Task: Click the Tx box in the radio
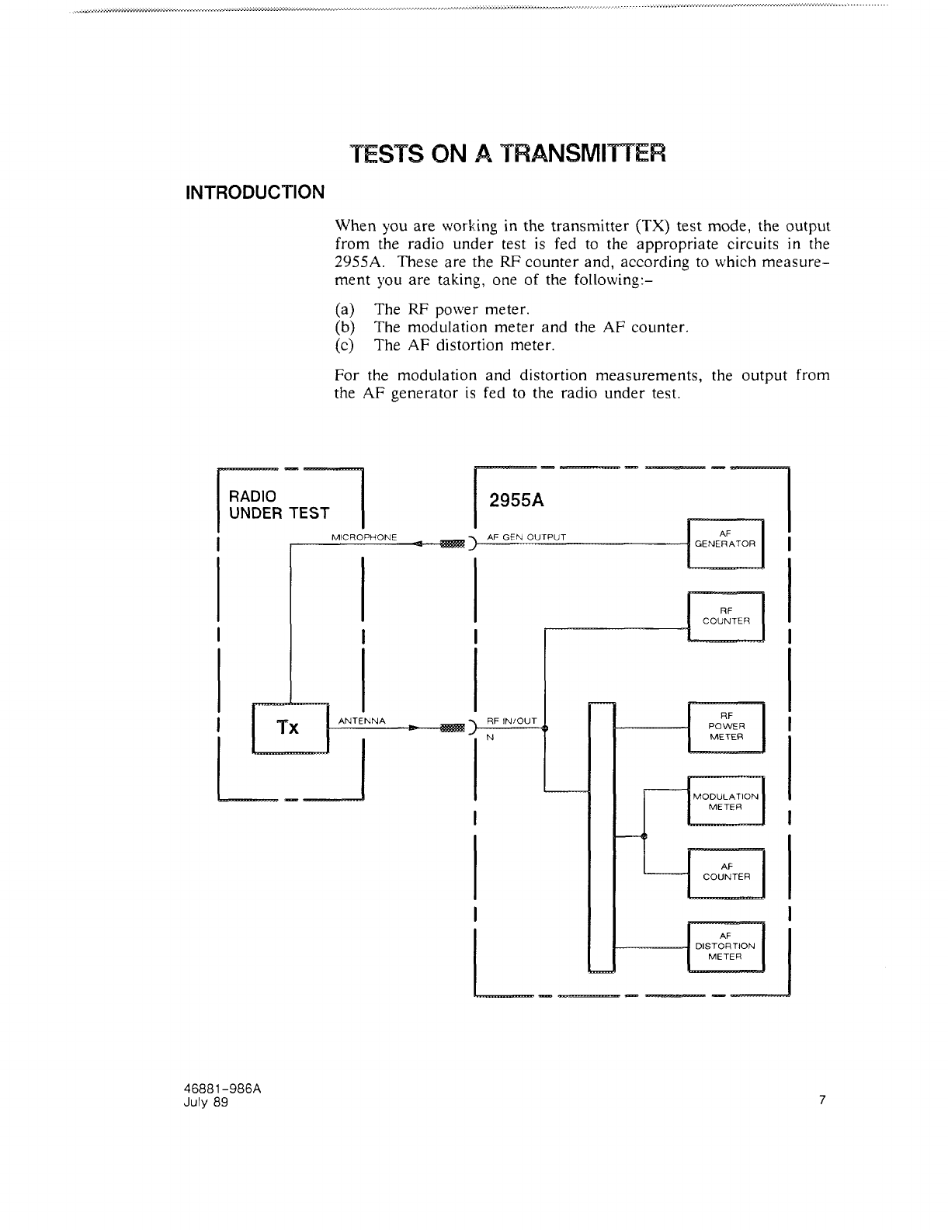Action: tap(290, 728)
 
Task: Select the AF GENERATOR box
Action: tap(726, 544)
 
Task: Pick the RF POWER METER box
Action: tap(726, 726)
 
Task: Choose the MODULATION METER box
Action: tap(726, 801)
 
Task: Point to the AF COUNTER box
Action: tap(726, 872)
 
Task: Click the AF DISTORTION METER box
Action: tap(726, 946)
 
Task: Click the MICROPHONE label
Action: tap(364, 537)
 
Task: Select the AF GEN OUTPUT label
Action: tap(526, 537)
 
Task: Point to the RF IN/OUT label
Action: tap(512, 721)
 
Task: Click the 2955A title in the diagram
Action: tap(516, 501)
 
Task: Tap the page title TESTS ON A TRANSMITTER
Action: tap(508, 154)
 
